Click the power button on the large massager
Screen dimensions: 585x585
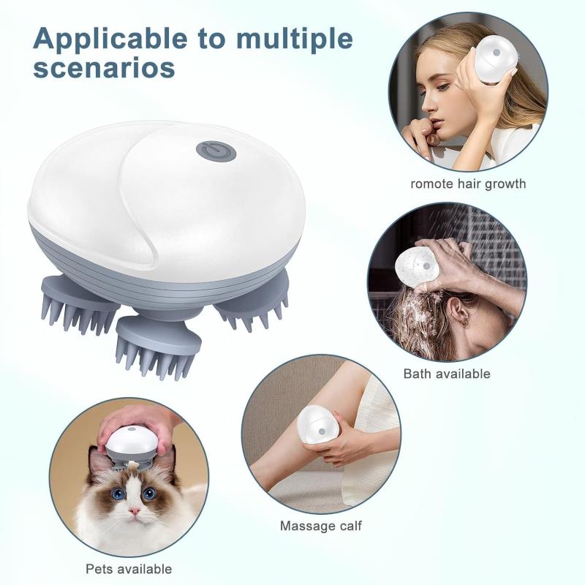(x=216, y=151)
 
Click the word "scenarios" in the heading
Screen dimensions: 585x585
(x=104, y=68)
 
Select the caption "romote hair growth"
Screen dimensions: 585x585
(x=468, y=184)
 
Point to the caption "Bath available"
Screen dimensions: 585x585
(x=447, y=374)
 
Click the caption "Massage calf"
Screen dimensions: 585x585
(x=320, y=526)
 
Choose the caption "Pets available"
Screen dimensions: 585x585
(x=129, y=568)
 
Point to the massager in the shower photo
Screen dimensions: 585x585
(x=416, y=266)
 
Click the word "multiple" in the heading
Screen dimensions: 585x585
(x=288, y=39)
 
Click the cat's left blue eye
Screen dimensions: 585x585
(x=117, y=494)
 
